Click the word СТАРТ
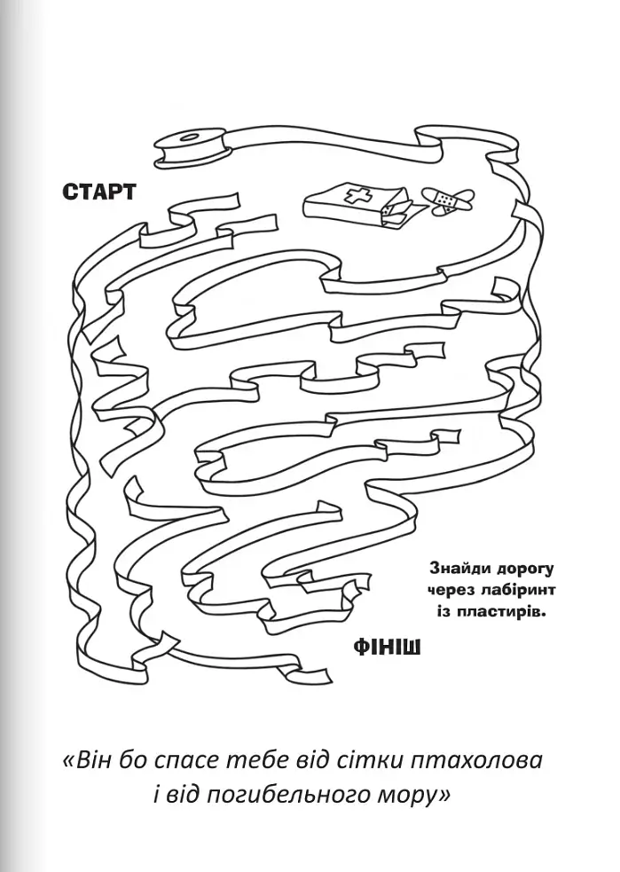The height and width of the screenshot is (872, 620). [99, 192]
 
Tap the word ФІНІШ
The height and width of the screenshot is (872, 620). [387, 648]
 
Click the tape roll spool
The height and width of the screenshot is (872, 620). [192, 147]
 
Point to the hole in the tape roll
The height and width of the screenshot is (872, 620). [192, 137]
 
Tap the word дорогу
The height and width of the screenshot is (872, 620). [522, 570]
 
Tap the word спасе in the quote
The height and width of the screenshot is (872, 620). [185, 761]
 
